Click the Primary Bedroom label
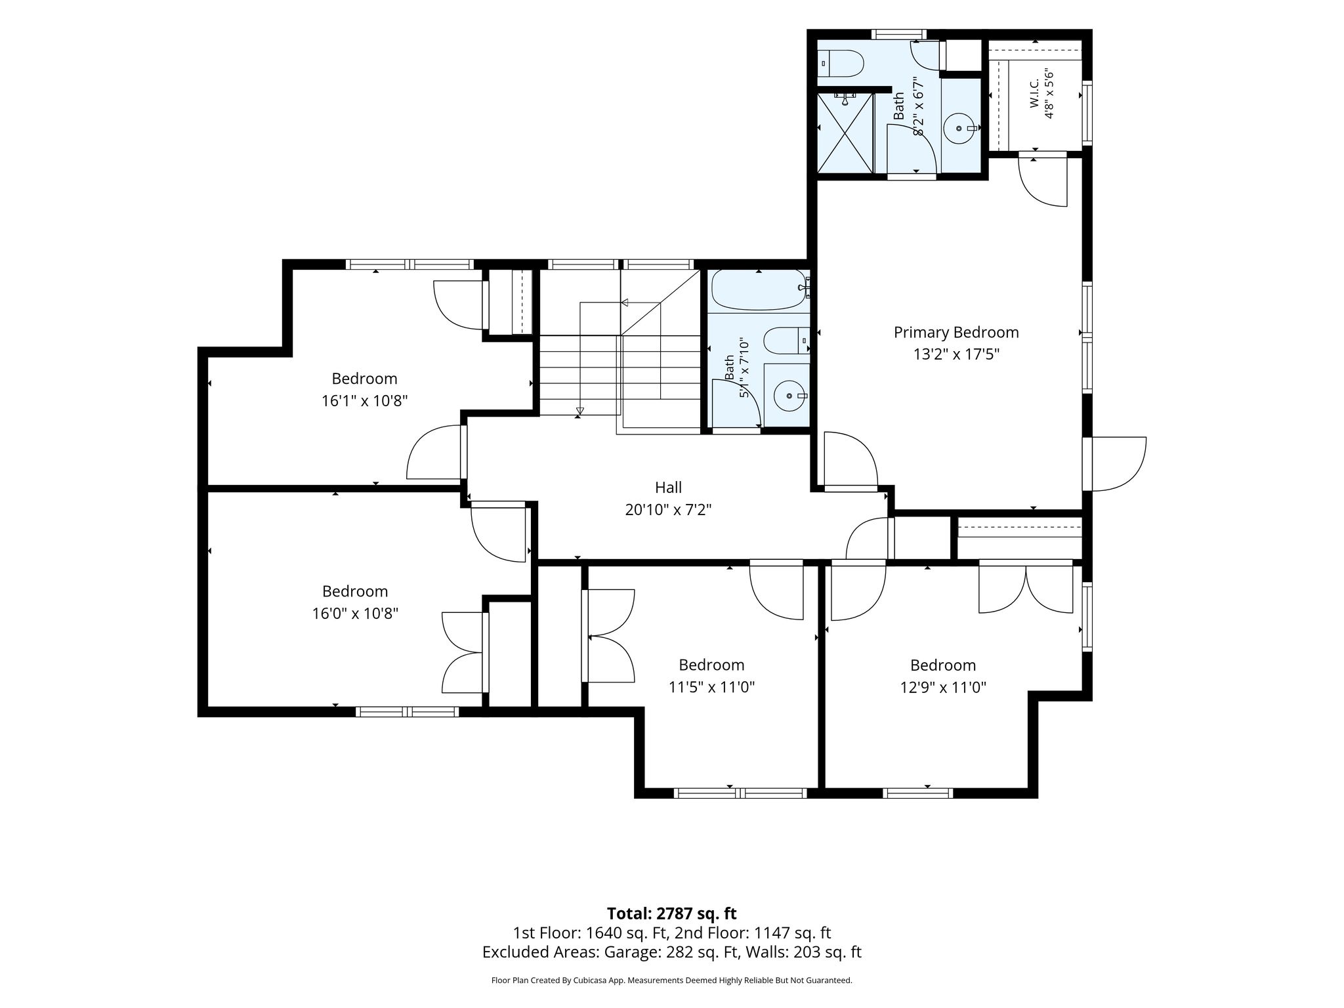click(956, 332)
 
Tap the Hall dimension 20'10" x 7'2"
click(668, 509)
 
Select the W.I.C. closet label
click(1034, 94)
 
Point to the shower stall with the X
click(846, 133)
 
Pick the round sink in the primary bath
click(961, 127)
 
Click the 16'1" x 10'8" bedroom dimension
click(365, 400)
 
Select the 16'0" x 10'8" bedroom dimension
click(355, 614)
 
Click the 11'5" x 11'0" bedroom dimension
click(712, 687)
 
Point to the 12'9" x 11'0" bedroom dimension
click(943, 687)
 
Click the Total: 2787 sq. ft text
click(671, 913)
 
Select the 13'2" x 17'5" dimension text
click(956, 354)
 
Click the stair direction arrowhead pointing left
click(625, 303)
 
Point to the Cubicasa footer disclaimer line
click(671, 980)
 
